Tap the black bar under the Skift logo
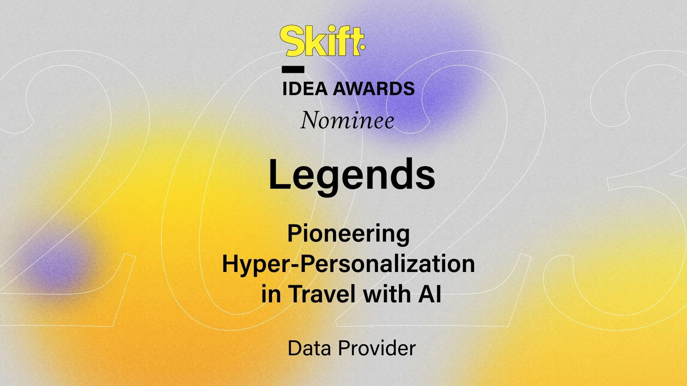[293, 69]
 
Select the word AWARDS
[374, 89]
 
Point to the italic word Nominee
[347, 121]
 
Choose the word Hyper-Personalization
[349, 264]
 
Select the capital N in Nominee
[310, 121]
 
